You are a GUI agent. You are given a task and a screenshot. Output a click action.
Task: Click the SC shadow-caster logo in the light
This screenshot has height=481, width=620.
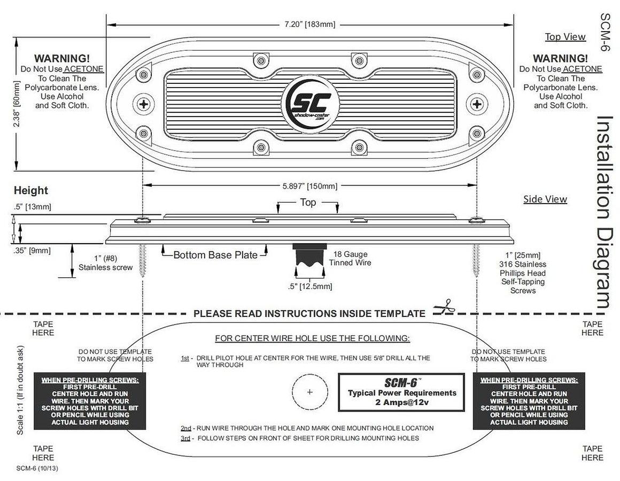tap(310, 103)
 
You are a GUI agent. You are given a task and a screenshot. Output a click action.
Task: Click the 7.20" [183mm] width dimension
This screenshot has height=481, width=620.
tap(309, 25)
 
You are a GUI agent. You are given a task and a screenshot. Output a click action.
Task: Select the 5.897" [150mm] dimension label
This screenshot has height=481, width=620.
tap(310, 186)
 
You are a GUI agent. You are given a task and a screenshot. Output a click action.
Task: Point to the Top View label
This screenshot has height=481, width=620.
tap(565, 37)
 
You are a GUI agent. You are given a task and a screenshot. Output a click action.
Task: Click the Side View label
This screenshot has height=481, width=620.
tap(545, 199)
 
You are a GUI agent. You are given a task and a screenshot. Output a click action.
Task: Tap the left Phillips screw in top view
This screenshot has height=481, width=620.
tap(144, 104)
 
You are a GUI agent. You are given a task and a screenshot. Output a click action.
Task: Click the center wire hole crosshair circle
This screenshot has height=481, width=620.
tap(310, 392)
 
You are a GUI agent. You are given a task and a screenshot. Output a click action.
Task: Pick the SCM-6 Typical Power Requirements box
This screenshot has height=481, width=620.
tap(401, 392)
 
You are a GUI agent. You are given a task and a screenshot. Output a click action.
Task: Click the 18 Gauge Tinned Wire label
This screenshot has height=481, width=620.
tap(350, 259)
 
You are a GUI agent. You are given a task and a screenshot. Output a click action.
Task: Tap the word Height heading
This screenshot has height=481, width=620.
tap(30, 190)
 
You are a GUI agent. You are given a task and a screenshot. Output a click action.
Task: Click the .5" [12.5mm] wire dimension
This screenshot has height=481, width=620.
tap(310, 286)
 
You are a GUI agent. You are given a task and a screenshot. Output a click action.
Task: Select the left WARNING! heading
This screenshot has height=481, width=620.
tap(62, 58)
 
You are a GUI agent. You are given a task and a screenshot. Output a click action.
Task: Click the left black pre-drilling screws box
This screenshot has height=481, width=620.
tap(90, 401)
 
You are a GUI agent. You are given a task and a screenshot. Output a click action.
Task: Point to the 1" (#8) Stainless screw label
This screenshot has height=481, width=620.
tap(105, 263)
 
